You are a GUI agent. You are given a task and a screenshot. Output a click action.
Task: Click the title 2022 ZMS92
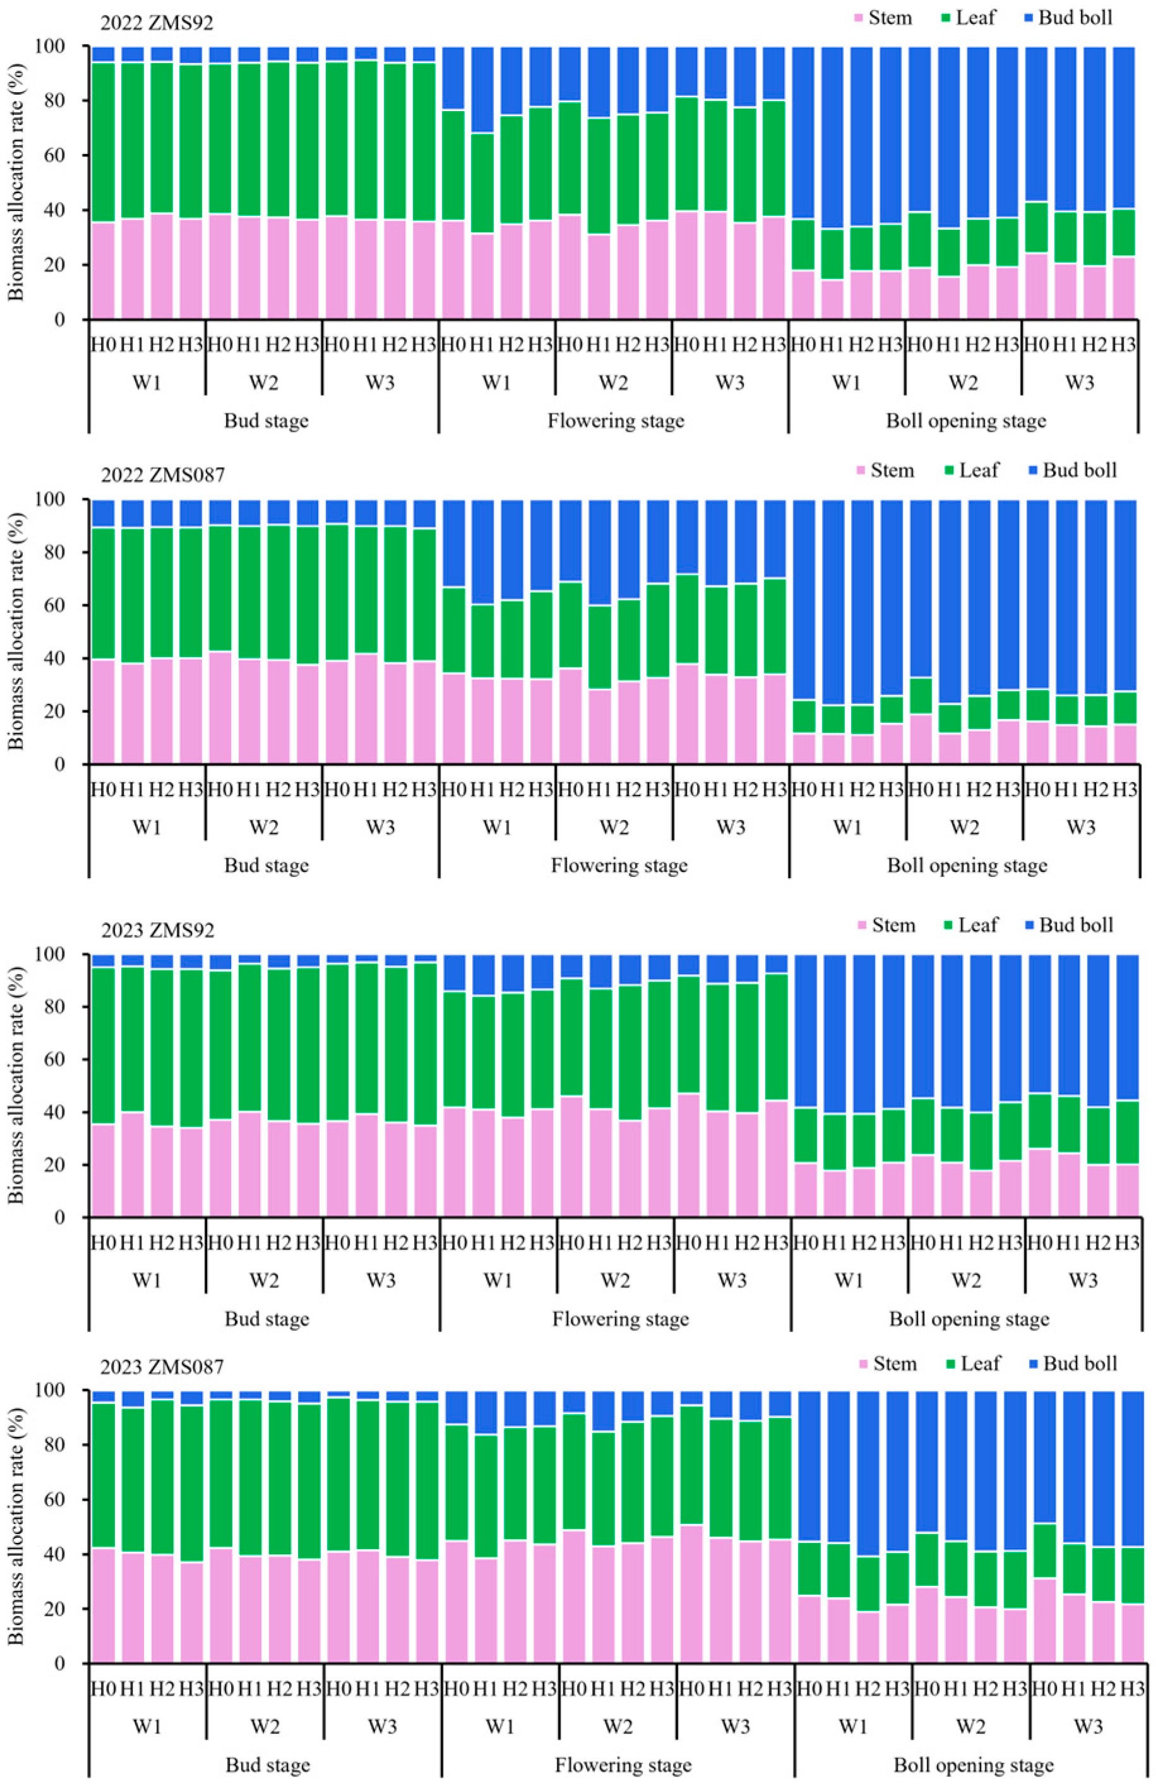pyautogui.click(x=157, y=23)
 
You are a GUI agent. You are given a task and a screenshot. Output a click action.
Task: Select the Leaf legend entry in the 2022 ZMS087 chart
pyautogui.click(x=978, y=471)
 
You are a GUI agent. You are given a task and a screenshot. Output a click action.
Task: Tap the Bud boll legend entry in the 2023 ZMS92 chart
pyautogui.click(x=1075, y=925)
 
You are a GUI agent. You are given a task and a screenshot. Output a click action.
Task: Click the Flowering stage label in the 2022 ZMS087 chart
pyautogui.click(x=619, y=866)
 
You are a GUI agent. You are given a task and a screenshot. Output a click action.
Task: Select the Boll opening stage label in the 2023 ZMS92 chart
pyautogui.click(x=969, y=1319)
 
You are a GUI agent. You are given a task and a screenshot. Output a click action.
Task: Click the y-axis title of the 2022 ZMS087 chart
pyautogui.click(x=16, y=631)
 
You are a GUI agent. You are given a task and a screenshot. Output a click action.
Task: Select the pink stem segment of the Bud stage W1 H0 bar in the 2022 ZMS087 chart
pyautogui.click(x=103, y=711)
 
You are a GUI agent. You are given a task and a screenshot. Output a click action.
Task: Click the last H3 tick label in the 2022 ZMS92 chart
pyautogui.click(x=1123, y=345)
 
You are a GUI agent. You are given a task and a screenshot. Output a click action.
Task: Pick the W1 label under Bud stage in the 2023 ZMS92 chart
pyautogui.click(x=147, y=1280)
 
